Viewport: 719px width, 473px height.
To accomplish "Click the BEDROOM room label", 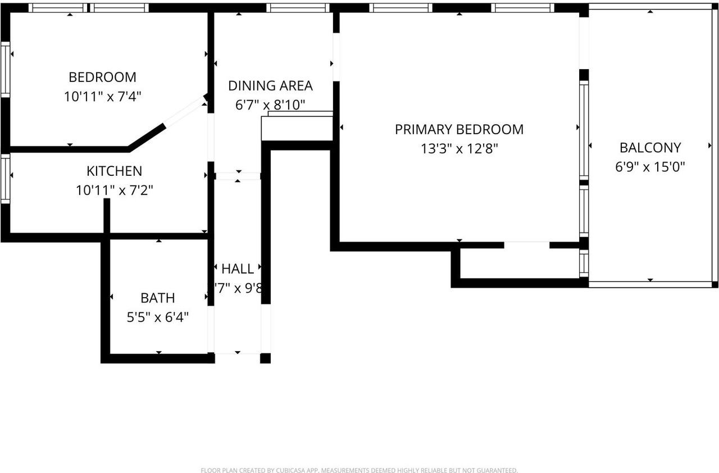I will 102,77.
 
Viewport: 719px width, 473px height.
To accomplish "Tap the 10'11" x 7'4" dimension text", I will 102,96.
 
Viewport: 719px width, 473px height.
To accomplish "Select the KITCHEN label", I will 114,171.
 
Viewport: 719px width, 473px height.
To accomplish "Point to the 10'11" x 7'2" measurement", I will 115,190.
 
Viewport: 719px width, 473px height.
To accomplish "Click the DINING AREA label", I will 270,86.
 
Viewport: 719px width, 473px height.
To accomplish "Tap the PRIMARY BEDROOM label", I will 459,129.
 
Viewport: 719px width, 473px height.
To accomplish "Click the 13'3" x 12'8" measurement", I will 459,149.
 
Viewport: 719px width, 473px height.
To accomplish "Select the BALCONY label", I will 650,148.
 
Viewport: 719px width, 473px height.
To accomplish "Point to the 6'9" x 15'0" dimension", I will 650,167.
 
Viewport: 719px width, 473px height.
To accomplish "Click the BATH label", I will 157,298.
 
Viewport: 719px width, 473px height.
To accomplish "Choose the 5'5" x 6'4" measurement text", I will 157,317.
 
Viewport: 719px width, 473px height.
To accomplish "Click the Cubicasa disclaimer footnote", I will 359,470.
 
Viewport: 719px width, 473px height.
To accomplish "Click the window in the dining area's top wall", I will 297,8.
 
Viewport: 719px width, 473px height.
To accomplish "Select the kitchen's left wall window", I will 5,179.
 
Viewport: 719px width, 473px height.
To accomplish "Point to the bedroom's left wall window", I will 5,70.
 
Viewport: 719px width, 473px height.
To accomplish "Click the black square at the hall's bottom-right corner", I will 265,358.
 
